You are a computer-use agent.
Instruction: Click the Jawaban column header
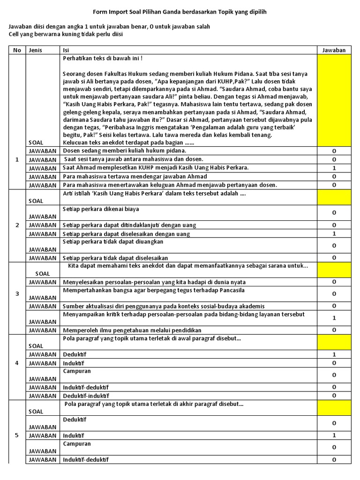pos(334,50)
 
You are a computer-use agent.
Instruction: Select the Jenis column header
pos(36,50)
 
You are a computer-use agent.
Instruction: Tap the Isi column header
pos(66,50)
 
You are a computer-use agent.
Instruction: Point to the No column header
pos(17,50)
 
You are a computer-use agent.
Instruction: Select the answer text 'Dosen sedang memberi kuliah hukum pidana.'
pos(125,151)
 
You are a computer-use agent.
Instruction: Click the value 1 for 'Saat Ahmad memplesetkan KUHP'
pos(334,168)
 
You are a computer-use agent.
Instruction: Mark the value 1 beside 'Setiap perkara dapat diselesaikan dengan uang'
pos(334,233)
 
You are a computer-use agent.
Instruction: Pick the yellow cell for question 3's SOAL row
pos(334,270)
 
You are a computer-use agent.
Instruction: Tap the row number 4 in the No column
pos(17,363)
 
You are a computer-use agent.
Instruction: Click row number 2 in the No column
pos(17,225)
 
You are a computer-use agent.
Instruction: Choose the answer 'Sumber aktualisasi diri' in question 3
pos(164,306)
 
